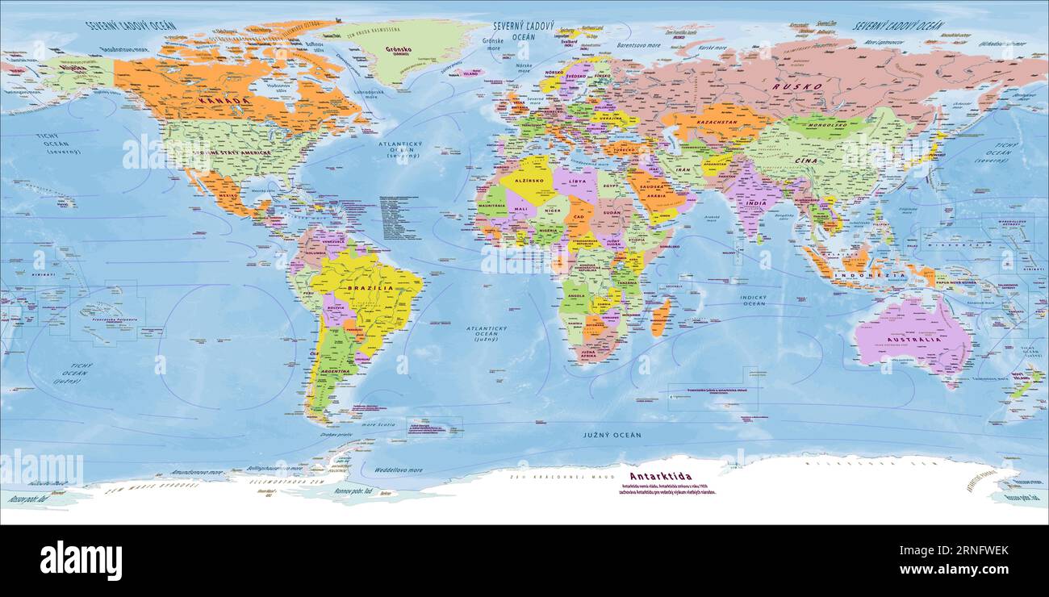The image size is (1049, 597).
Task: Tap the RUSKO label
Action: click(x=797, y=86)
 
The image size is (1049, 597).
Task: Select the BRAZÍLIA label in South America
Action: click(x=370, y=288)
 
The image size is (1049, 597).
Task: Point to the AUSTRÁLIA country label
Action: click(x=915, y=340)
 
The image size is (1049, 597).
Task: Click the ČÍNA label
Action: click(x=829, y=161)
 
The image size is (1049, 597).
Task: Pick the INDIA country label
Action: click(x=755, y=203)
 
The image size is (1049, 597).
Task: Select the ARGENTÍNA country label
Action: click(x=336, y=371)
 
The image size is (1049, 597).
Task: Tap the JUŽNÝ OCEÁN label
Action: click(x=612, y=435)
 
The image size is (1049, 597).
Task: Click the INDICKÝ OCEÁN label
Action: click(x=753, y=300)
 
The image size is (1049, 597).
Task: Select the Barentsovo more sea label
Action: click(x=638, y=45)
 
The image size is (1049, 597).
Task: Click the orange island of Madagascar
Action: click(x=659, y=317)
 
